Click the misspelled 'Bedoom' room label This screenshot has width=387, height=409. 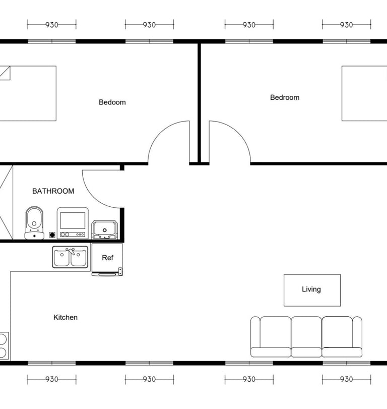tap(112, 102)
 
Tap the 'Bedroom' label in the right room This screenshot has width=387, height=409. tap(285, 97)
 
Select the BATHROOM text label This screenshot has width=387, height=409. tap(53, 191)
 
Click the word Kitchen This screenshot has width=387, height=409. tap(66, 317)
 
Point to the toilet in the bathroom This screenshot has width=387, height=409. tap(34, 223)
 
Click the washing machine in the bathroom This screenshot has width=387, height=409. tap(73, 223)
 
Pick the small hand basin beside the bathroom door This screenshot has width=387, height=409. tap(104, 229)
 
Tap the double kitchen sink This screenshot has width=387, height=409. tap(70, 257)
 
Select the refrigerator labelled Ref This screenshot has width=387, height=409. tap(107, 260)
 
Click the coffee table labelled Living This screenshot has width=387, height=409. tap(312, 290)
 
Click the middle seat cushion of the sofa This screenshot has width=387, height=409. tap(306, 336)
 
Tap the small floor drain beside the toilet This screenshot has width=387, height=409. tap(52, 235)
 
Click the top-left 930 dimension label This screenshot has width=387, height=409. tap(51, 25)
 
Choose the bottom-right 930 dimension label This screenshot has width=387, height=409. tap(346, 379)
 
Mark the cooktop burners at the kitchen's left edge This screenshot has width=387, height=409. tap(3, 346)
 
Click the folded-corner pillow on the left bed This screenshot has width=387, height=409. tap(5, 73)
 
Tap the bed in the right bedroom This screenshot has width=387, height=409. tap(364, 93)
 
